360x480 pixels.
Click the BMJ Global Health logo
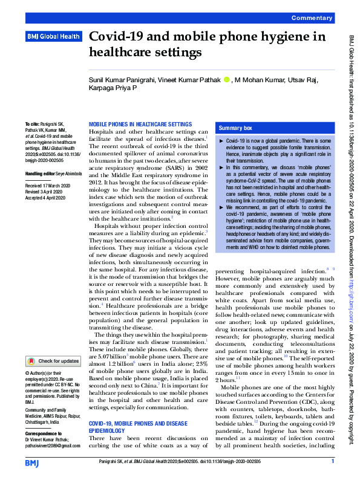pyautogui.click(x=53, y=37)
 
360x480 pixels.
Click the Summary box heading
pyautogui.click(x=235, y=128)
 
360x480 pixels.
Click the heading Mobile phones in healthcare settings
pyautogui.click(x=140, y=124)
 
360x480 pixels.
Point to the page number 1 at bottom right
pyautogui.click(x=332, y=462)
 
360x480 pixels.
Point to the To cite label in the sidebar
pyautogui.click(x=31, y=123)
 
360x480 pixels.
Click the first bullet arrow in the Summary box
pyautogui.click(x=221, y=140)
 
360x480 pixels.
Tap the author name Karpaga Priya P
pyautogui.click(x=113, y=88)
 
